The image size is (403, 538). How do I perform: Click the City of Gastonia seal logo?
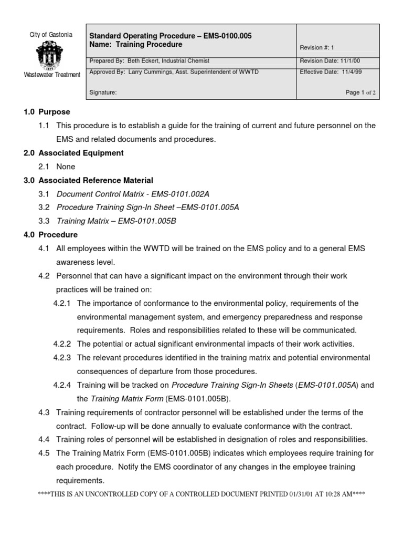(50, 55)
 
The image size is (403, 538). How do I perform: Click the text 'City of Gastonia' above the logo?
(51, 35)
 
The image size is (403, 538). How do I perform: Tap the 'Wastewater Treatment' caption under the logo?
(52, 75)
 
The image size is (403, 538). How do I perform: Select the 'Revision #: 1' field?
(317, 47)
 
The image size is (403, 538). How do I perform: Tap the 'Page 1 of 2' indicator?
(360, 92)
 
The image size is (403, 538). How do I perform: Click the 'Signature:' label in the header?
(103, 92)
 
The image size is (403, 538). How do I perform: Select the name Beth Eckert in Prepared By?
(143, 61)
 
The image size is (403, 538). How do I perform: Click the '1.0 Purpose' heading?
(47, 112)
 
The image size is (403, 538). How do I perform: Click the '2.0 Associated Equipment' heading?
(73, 153)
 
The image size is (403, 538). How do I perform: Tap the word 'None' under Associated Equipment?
(66, 167)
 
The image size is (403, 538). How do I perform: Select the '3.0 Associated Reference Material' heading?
(88, 180)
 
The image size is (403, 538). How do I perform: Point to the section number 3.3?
(44, 221)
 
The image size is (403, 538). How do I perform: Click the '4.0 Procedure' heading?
(50, 235)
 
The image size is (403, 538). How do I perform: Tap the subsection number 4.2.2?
(62, 344)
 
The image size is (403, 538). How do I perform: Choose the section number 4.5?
(44, 453)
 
